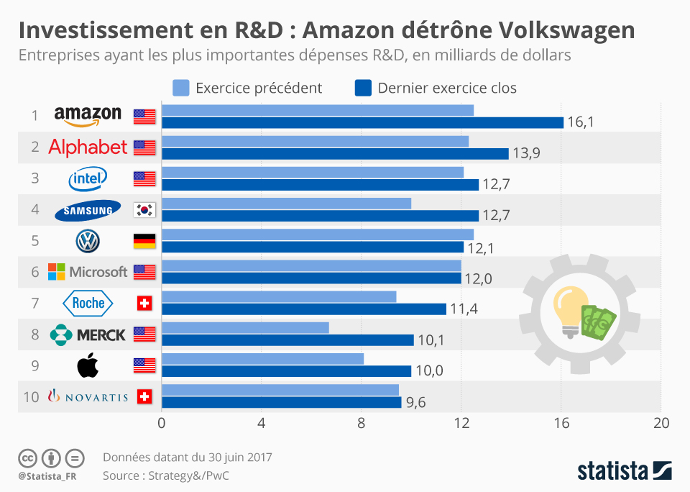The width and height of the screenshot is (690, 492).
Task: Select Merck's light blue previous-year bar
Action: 245,327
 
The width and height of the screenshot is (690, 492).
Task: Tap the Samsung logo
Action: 88,209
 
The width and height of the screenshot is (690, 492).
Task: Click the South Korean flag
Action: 144,210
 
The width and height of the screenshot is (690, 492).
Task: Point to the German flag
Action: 144,241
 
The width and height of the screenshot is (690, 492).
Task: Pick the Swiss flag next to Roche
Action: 144,304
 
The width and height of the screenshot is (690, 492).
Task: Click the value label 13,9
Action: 526,154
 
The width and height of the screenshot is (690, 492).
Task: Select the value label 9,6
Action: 415,403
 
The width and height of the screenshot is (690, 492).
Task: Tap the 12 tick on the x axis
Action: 461,424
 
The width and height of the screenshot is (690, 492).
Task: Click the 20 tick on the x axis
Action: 661,424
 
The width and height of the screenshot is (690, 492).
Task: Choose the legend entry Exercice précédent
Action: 248,88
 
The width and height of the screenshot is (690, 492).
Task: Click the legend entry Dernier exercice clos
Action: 436,88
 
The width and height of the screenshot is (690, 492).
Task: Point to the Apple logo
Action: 88,366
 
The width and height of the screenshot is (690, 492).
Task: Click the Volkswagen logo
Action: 88,241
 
